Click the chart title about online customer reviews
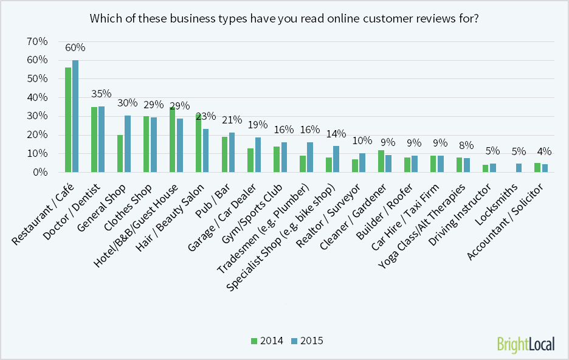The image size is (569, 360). click(284, 18)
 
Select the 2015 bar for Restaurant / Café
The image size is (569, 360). click(75, 116)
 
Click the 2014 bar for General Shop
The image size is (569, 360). click(120, 154)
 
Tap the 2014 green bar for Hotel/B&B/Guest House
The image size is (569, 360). click(172, 140)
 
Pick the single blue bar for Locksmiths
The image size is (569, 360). click(519, 168)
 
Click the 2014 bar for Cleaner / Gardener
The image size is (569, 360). click(381, 161)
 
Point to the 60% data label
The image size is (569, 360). click(75, 47)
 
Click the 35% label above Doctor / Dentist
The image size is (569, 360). click(101, 94)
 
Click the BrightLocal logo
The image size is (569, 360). click(525, 344)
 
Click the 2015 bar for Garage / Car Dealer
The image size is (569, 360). click(258, 155)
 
